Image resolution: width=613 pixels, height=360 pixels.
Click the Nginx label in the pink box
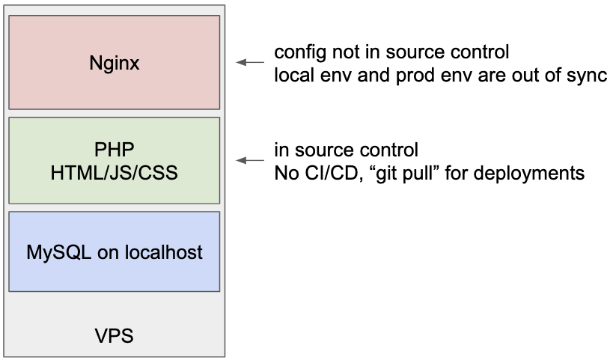coord(115,64)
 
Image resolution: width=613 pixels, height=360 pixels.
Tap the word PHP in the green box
coord(115,150)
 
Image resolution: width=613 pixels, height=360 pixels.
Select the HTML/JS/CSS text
coord(115,173)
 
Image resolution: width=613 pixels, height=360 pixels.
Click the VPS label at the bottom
coord(115,336)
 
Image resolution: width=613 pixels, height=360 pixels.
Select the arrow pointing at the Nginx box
coord(250,62)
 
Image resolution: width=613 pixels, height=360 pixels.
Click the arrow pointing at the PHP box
coord(250,160)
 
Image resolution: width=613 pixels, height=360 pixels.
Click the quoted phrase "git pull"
coord(405,173)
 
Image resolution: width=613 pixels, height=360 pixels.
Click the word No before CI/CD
coord(287,173)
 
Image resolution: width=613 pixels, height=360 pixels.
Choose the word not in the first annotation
coord(346,52)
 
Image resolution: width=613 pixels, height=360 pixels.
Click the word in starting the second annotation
coord(281,150)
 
